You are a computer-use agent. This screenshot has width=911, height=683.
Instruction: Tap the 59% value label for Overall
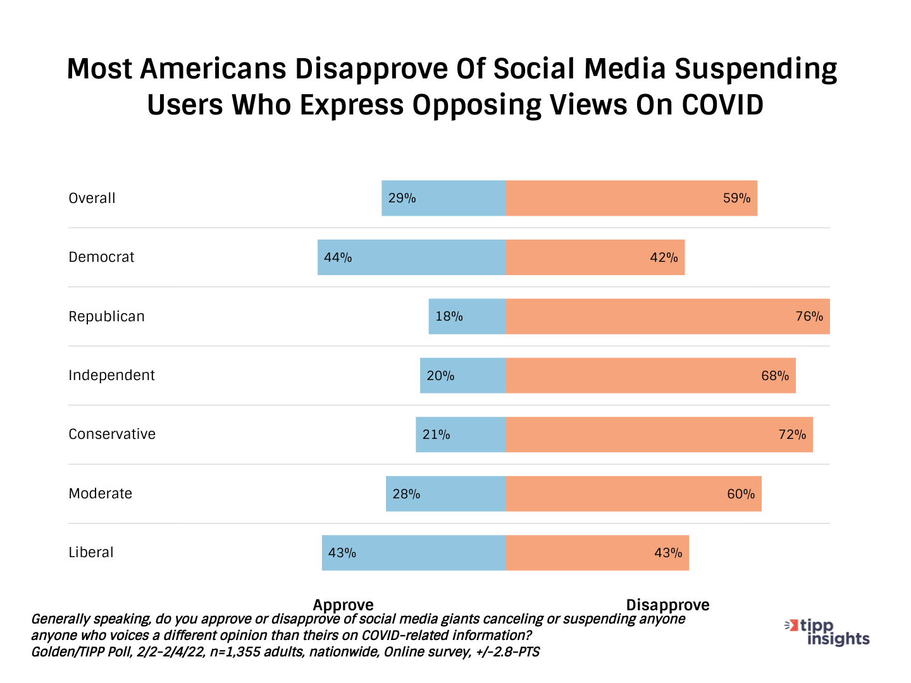coord(736,199)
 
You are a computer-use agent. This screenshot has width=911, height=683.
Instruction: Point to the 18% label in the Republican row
coord(449,316)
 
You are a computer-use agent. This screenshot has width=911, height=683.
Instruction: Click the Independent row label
coord(111,376)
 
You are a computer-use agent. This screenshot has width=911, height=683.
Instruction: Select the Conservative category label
coord(112,434)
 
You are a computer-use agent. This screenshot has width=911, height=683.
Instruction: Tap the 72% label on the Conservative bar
coord(792,434)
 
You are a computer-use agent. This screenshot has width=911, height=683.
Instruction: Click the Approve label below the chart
coord(343,605)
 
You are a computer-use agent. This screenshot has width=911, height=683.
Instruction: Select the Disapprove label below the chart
coord(667,605)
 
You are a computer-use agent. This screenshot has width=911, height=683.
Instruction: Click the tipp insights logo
coord(829,632)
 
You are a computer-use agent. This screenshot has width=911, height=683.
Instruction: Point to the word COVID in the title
coord(722,105)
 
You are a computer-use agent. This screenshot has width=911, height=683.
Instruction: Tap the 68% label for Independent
coord(775,376)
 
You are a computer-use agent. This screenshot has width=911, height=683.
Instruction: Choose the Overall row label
coord(92,199)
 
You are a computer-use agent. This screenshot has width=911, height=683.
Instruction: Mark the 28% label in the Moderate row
coord(406,494)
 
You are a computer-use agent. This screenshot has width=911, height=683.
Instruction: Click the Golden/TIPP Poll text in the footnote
coord(82,652)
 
